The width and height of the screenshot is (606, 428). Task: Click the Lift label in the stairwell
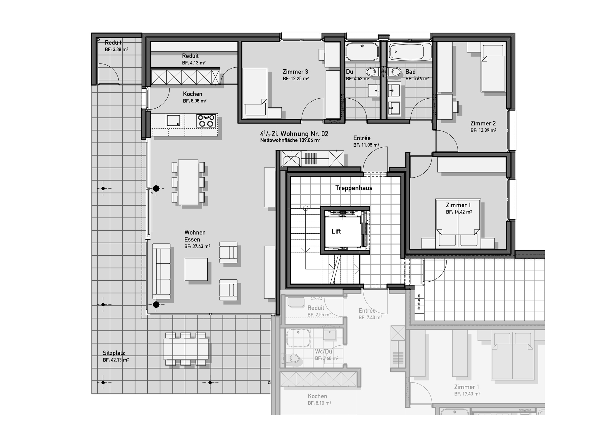[336, 231]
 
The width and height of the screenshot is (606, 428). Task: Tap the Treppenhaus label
[354, 188]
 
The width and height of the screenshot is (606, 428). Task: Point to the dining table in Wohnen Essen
[188, 182]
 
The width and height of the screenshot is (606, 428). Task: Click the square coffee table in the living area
[196, 269]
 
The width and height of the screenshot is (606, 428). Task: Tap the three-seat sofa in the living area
[161, 271]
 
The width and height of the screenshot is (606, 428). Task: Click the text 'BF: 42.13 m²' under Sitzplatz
[116, 360]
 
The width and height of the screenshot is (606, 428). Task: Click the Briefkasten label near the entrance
[419, 302]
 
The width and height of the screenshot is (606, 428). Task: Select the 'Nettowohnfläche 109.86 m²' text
[290, 140]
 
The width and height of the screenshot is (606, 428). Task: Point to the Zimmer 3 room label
[295, 71]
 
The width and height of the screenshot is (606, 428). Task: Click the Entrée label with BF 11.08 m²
[362, 138]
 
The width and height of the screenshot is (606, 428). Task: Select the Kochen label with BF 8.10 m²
[317, 396]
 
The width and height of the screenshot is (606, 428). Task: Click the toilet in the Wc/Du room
[293, 358]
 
